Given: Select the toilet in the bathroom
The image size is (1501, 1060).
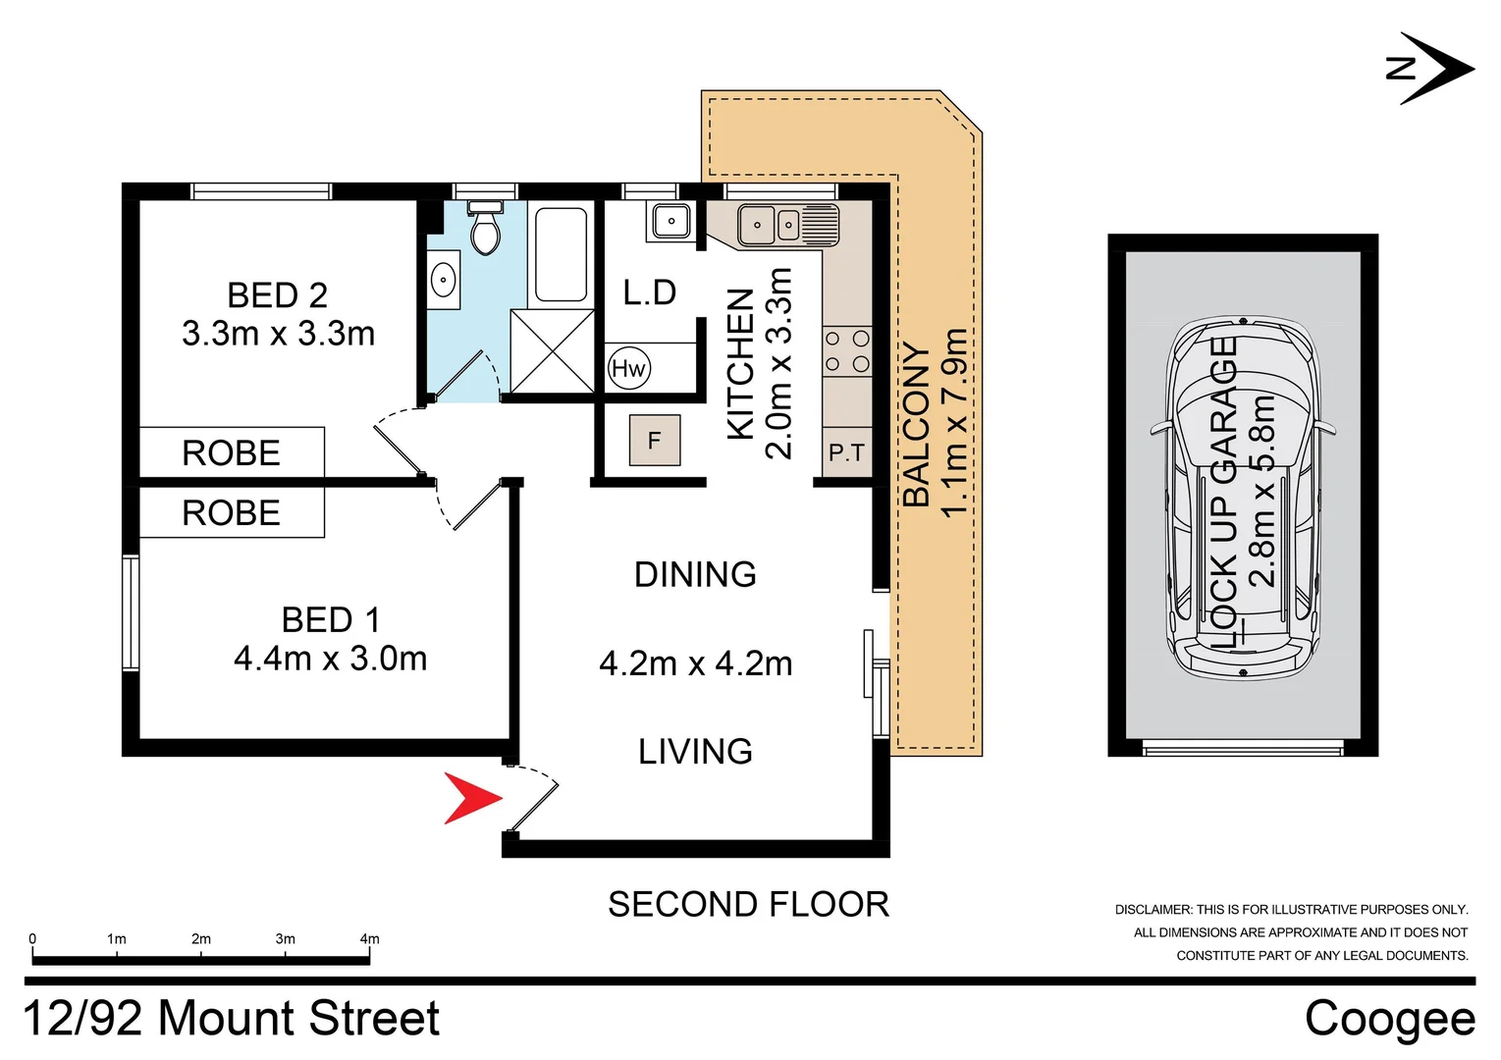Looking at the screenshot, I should click(x=485, y=230).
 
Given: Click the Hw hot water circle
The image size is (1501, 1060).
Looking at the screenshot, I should click(x=628, y=368).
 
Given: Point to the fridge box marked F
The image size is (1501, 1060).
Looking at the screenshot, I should click(x=655, y=442).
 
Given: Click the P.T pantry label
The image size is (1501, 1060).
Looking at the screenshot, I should click(x=846, y=452).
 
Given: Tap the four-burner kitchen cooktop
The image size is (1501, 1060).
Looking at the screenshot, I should click(x=846, y=351).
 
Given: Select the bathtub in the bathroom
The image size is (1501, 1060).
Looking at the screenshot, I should click(x=562, y=254).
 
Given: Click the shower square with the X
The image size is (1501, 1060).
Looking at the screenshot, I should click(x=553, y=350).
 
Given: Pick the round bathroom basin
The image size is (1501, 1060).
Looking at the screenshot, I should click(x=444, y=280).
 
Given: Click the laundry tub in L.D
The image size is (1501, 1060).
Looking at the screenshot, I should click(x=670, y=222).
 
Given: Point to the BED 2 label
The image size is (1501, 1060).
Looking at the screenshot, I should click(x=277, y=295).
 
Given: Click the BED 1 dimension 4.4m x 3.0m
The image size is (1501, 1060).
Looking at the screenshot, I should click(x=331, y=659).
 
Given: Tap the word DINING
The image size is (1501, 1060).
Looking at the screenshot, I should click(x=695, y=574).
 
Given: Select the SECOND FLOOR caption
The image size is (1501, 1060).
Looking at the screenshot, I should click(x=748, y=904).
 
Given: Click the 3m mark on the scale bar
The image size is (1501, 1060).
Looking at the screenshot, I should click(x=285, y=939).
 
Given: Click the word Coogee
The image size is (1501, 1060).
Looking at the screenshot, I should click(x=1389, y=1018).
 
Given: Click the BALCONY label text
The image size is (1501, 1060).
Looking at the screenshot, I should click(x=916, y=424).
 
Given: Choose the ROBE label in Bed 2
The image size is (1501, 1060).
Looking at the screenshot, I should click(x=232, y=452).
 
